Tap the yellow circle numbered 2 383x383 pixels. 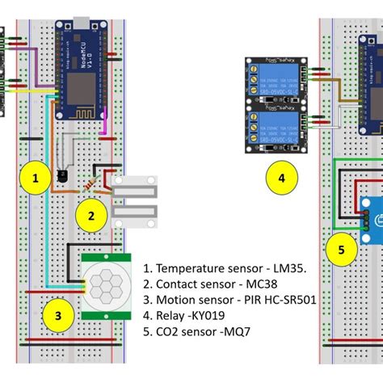[91, 216]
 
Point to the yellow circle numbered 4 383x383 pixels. [281, 177]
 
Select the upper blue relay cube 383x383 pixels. [277, 84]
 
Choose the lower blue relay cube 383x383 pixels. [277, 129]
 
